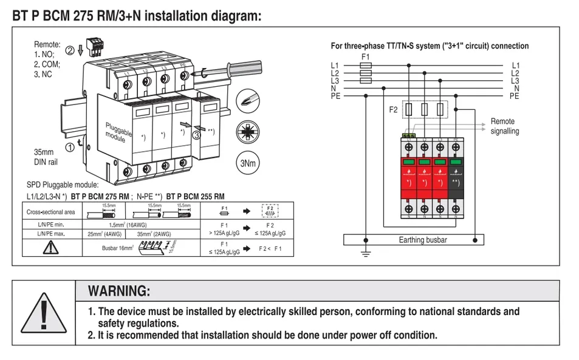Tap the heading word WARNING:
[x=119, y=291]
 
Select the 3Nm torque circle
[x=247, y=163]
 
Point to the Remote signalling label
[x=505, y=126]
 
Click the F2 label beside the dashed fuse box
[x=394, y=110]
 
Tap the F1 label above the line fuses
[x=365, y=56]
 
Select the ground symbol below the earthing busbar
[x=365, y=253]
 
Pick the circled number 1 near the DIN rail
[x=70, y=146]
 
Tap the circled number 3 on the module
[x=196, y=135]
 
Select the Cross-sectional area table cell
[x=50, y=212]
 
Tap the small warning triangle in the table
[x=50, y=247]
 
